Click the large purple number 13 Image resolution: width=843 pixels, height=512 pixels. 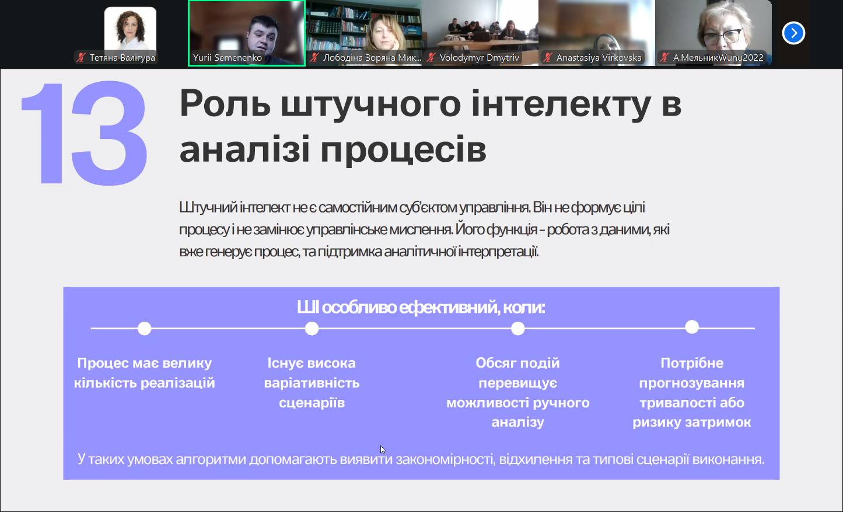pyautogui.click(x=84, y=133)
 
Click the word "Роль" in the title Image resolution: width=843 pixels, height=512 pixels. pyautogui.click(x=225, y=103)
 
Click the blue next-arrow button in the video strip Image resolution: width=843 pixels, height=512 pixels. pyautogui.click(x=793, y=33)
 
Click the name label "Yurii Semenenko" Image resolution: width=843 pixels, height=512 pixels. pyautogui.click(x=228, y=58)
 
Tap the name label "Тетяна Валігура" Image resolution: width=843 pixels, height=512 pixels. pyautogui.click(x=122, y=58)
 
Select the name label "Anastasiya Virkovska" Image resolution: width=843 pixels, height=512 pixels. pyautogui.click(x=599, y=58)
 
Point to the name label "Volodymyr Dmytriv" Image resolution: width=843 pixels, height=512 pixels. pyautogui.click(x=480, y=58)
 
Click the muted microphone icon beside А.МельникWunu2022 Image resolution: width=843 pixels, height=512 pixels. pyautogui.click(x=664, y=58)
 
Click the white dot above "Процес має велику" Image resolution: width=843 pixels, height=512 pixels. pyautogui.click(x=145, y=328)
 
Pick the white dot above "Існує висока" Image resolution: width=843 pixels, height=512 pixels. pyautogui.click(x=312, y=328)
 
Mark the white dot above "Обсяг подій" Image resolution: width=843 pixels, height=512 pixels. pyautogui.click(x=518, y=328)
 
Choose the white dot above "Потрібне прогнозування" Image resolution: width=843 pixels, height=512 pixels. pyautogui.click(x=692, y=327)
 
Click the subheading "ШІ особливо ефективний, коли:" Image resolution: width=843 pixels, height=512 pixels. pyautogui.click(x=421, y=308)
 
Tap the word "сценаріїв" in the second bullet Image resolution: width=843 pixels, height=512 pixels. pyautogui.click(x=312, y=403)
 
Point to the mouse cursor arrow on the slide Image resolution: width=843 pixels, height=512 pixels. pyautogui.click(x=382, y=450)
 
